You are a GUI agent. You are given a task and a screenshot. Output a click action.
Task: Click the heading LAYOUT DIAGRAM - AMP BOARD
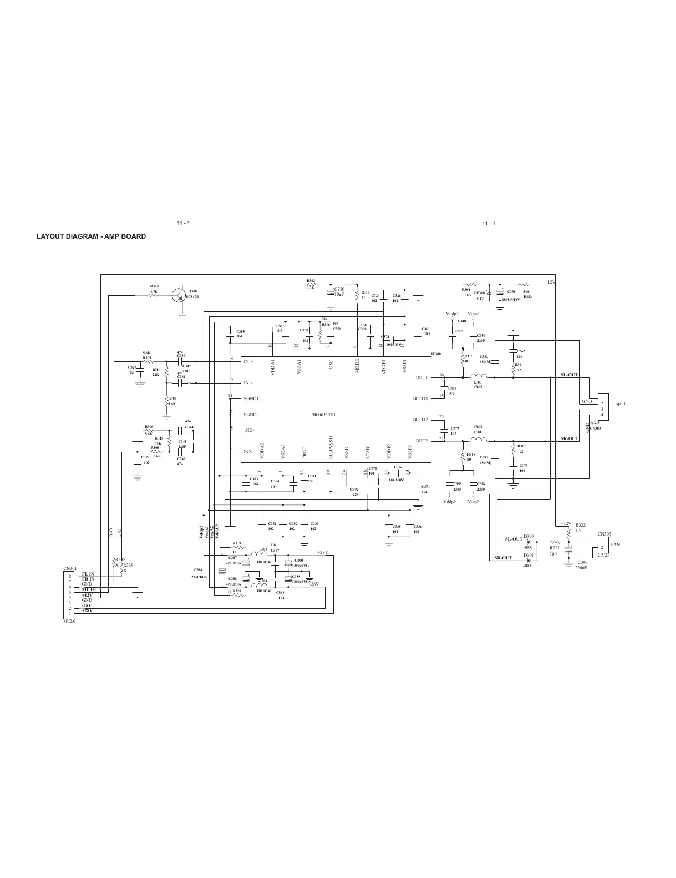point(91,236)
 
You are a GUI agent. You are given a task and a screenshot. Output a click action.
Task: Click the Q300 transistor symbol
point(179,295)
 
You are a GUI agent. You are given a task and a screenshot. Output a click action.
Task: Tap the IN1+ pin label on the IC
point(248,361)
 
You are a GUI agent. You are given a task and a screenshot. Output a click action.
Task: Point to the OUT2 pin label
point(421,441)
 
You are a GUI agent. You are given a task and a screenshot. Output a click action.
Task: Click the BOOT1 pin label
point(420,398)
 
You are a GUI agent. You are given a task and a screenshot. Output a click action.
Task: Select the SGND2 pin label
point(251,415)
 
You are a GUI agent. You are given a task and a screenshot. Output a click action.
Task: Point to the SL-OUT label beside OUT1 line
point(570,375)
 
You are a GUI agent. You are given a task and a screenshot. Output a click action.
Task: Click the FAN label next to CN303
point(615,544)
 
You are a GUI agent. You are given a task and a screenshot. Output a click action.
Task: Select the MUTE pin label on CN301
point(89,589)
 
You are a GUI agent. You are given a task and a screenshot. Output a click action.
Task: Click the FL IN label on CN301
point(88,574)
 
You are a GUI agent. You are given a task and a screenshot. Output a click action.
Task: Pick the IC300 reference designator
point(436,354)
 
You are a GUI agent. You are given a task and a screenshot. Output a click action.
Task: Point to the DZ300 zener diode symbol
point(489,292)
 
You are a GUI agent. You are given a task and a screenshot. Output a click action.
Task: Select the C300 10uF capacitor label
point(339,292)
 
